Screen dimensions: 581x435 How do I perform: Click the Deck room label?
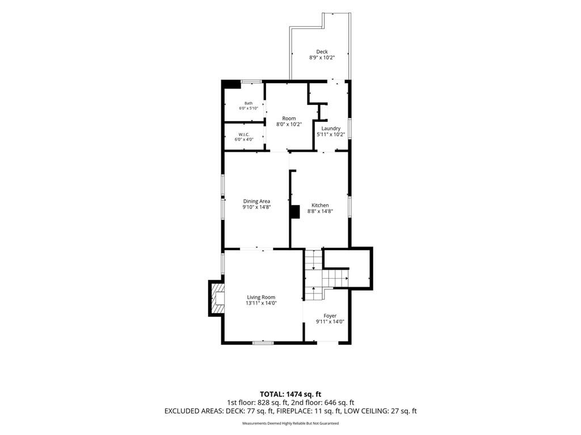(322, 52)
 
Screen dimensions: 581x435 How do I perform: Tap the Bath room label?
(249, 103)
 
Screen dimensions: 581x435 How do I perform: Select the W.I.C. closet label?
(244, 134)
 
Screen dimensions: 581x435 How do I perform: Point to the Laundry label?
(331, 129)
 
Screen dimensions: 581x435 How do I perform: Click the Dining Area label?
(256, 201)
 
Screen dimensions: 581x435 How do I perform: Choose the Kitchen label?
(320, 205)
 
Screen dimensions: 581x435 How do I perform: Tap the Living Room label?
(261, 297)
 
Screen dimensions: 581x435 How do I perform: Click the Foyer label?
(330, 316)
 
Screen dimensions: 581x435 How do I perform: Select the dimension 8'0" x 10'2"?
(289, 125)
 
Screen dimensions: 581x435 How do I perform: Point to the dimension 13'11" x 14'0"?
(261, 303)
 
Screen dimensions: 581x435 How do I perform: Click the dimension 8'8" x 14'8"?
(320, 211)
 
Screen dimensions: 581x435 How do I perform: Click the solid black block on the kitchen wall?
(294, 212)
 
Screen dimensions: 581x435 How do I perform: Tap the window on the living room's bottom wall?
(263, 343)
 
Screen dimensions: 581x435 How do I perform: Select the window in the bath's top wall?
(251, 82)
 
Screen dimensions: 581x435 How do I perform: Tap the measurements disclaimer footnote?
(290, 424)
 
